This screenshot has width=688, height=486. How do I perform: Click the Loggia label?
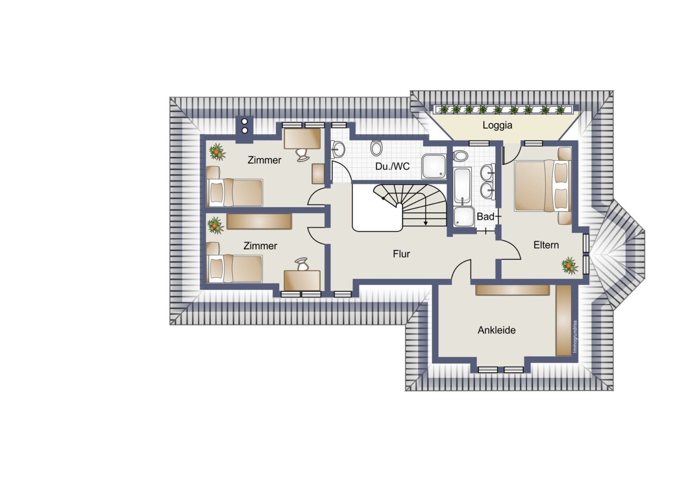[x=497, y=125]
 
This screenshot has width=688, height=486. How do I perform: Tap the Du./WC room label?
[x=392, y=166]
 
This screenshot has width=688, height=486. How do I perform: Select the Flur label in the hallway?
[x=401, y=254]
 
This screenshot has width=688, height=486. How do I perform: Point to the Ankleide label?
[x=496, y=330]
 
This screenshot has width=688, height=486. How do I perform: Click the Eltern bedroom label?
[x=546, y=245]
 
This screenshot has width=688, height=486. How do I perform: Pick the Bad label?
[x=485, y=216]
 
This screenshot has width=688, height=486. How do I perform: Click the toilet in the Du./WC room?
[x=376, y=148]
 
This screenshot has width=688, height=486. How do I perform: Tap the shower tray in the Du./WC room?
[x=434, y=166]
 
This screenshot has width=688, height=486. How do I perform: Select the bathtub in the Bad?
[x=462, y=186]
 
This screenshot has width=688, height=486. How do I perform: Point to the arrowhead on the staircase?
[x=425, y=223]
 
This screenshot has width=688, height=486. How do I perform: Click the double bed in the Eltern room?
[x=542, y=185]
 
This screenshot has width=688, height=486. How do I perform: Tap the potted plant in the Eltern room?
[x=570, y=265]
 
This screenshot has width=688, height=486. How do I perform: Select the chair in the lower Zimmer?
[x=302, y=264]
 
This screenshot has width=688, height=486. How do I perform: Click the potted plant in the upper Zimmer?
[x=217, y=152]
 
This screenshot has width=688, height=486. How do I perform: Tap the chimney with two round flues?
[x=244, y=129]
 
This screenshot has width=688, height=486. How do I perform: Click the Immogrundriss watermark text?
[x=575, y=337]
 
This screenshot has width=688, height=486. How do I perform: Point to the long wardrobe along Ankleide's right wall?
[x=564, y=320]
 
